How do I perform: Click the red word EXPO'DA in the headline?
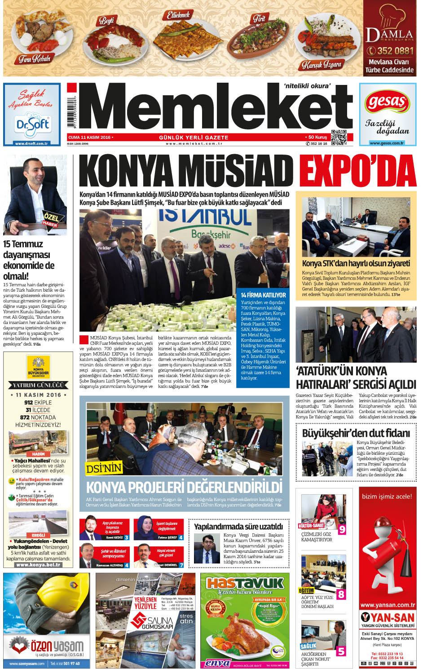click(x=357, y=171)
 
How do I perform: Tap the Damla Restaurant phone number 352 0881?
click(x=390, y=51)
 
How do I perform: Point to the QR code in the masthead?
click(x=339, y=137)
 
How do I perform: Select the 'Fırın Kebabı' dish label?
click(x=35, y=59)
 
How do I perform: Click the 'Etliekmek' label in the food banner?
click(x=178, y=15)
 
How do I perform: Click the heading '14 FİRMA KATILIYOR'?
click(x=263, y=295)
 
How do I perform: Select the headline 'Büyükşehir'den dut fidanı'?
click(x=356, y=433)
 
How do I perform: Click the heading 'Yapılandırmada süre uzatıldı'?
click(x=238, y=526)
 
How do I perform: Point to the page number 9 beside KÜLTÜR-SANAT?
click(x=342, y=529)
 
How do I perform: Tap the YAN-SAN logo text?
click(x=388, y=617)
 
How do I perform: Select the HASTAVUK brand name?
click(x=245, y=583)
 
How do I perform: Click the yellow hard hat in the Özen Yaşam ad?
click(x=53, y=602)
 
